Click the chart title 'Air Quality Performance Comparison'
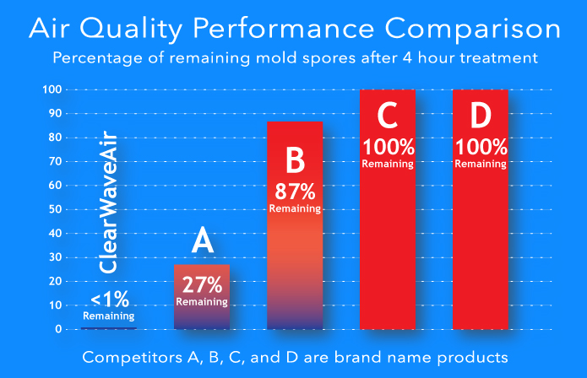295,30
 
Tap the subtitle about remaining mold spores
295,58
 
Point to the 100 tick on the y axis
52,89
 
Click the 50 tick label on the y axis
55,209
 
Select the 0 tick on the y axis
58,329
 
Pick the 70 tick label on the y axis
55,161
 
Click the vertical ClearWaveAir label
108,202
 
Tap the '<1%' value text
110,300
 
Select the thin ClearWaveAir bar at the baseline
109,328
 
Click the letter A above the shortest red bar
203,240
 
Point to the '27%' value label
202,285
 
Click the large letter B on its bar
296,159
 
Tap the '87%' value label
295,192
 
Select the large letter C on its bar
388,116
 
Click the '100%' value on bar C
389,147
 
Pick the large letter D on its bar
481,116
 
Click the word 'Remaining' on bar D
481,164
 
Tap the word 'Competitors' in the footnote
132,358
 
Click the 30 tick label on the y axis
55,257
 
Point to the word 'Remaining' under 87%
295,208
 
